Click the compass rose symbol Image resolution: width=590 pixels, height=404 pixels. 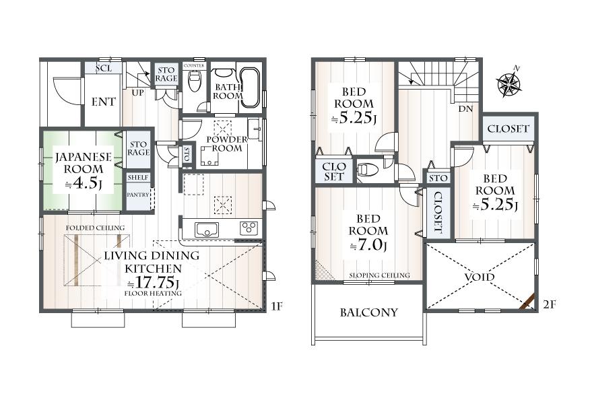click(x=509, y=82)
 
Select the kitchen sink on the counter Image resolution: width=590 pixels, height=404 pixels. click(x=207, y=230)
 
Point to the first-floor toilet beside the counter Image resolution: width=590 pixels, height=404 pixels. click(x=195, y=81)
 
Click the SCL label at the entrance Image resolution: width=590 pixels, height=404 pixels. click(x=104, y=68)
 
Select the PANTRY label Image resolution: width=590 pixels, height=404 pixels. click(x=137, y=195)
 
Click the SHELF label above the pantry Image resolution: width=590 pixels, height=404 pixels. click(x=138, y=177)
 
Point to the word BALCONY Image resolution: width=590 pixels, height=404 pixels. click(x=369, y=312)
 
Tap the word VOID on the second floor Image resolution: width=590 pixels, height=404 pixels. click(x=479, y=277)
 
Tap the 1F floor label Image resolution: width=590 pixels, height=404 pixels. click(x=277, y=306)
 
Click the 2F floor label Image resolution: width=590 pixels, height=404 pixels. click(x=550, y=304)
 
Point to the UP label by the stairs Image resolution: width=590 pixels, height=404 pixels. click(x=137, y=92)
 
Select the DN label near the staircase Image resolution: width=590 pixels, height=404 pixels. click(x=465, y=109)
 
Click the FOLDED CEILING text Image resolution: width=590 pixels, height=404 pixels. click(x=95, y=228)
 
